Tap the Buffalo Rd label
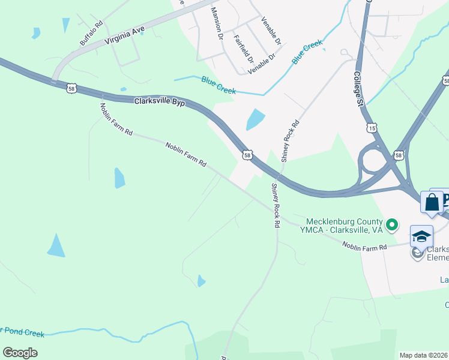tap(92, 34)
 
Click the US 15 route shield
tap(372, 128)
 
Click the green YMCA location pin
tap(392, 226)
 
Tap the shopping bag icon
tap(432, 203)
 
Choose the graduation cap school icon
tap(421, 236)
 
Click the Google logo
tap(20, 352)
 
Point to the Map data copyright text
tap(424, 355)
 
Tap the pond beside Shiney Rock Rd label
tap(255, 119)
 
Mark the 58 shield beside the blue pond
tap(247, 155)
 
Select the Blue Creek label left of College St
tap(307, 52)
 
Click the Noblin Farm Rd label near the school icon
tap(366, 246)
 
